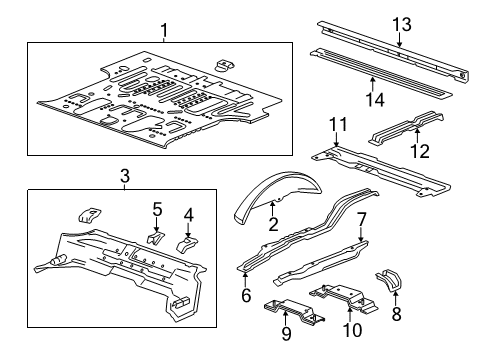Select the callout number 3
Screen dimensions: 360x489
point(124,176)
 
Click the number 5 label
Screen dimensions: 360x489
point(157,208)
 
